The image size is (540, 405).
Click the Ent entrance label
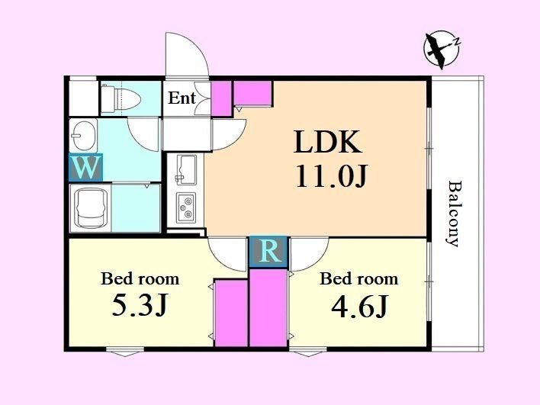182,98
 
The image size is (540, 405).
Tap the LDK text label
328,142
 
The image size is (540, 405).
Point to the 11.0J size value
332,176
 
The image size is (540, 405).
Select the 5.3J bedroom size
140,306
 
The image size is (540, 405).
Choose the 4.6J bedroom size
359,306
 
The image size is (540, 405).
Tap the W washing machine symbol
85,167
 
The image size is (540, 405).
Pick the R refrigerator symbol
268,252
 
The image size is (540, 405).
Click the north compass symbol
442,49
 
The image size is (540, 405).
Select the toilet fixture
121,99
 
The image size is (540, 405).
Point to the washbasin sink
83,135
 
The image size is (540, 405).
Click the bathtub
91,208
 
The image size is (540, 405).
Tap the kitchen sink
186,169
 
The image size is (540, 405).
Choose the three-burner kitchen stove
186,207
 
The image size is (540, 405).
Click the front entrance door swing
187,55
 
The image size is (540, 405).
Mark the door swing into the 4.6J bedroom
309,254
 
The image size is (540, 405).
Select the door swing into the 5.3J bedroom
227,254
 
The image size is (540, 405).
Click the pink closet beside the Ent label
221,99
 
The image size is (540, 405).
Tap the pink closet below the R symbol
268,307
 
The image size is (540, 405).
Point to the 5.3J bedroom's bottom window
124,352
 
